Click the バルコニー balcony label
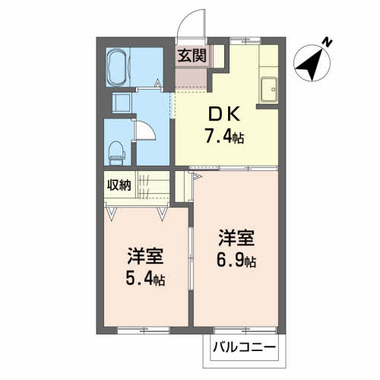point(244,352)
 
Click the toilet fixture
point(116,152)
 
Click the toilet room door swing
point(147,131)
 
